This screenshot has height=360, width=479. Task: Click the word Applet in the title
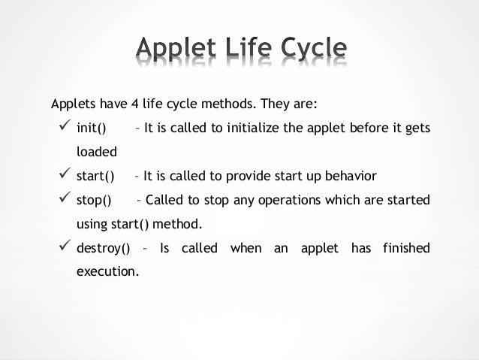pyautogui.click(x=177, y=51)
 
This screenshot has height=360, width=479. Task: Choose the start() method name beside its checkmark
pyautogui.click(x=95, y=177)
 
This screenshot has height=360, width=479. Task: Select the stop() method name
pyautogui.click(x=94, y=201)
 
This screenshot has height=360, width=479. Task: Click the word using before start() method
pyautogui.click(x=92, y=225)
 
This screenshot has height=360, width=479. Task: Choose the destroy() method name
pyautogui.click(x=104, y=249)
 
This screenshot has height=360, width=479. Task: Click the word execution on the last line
pyautogui.click(x=107, y=273)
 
